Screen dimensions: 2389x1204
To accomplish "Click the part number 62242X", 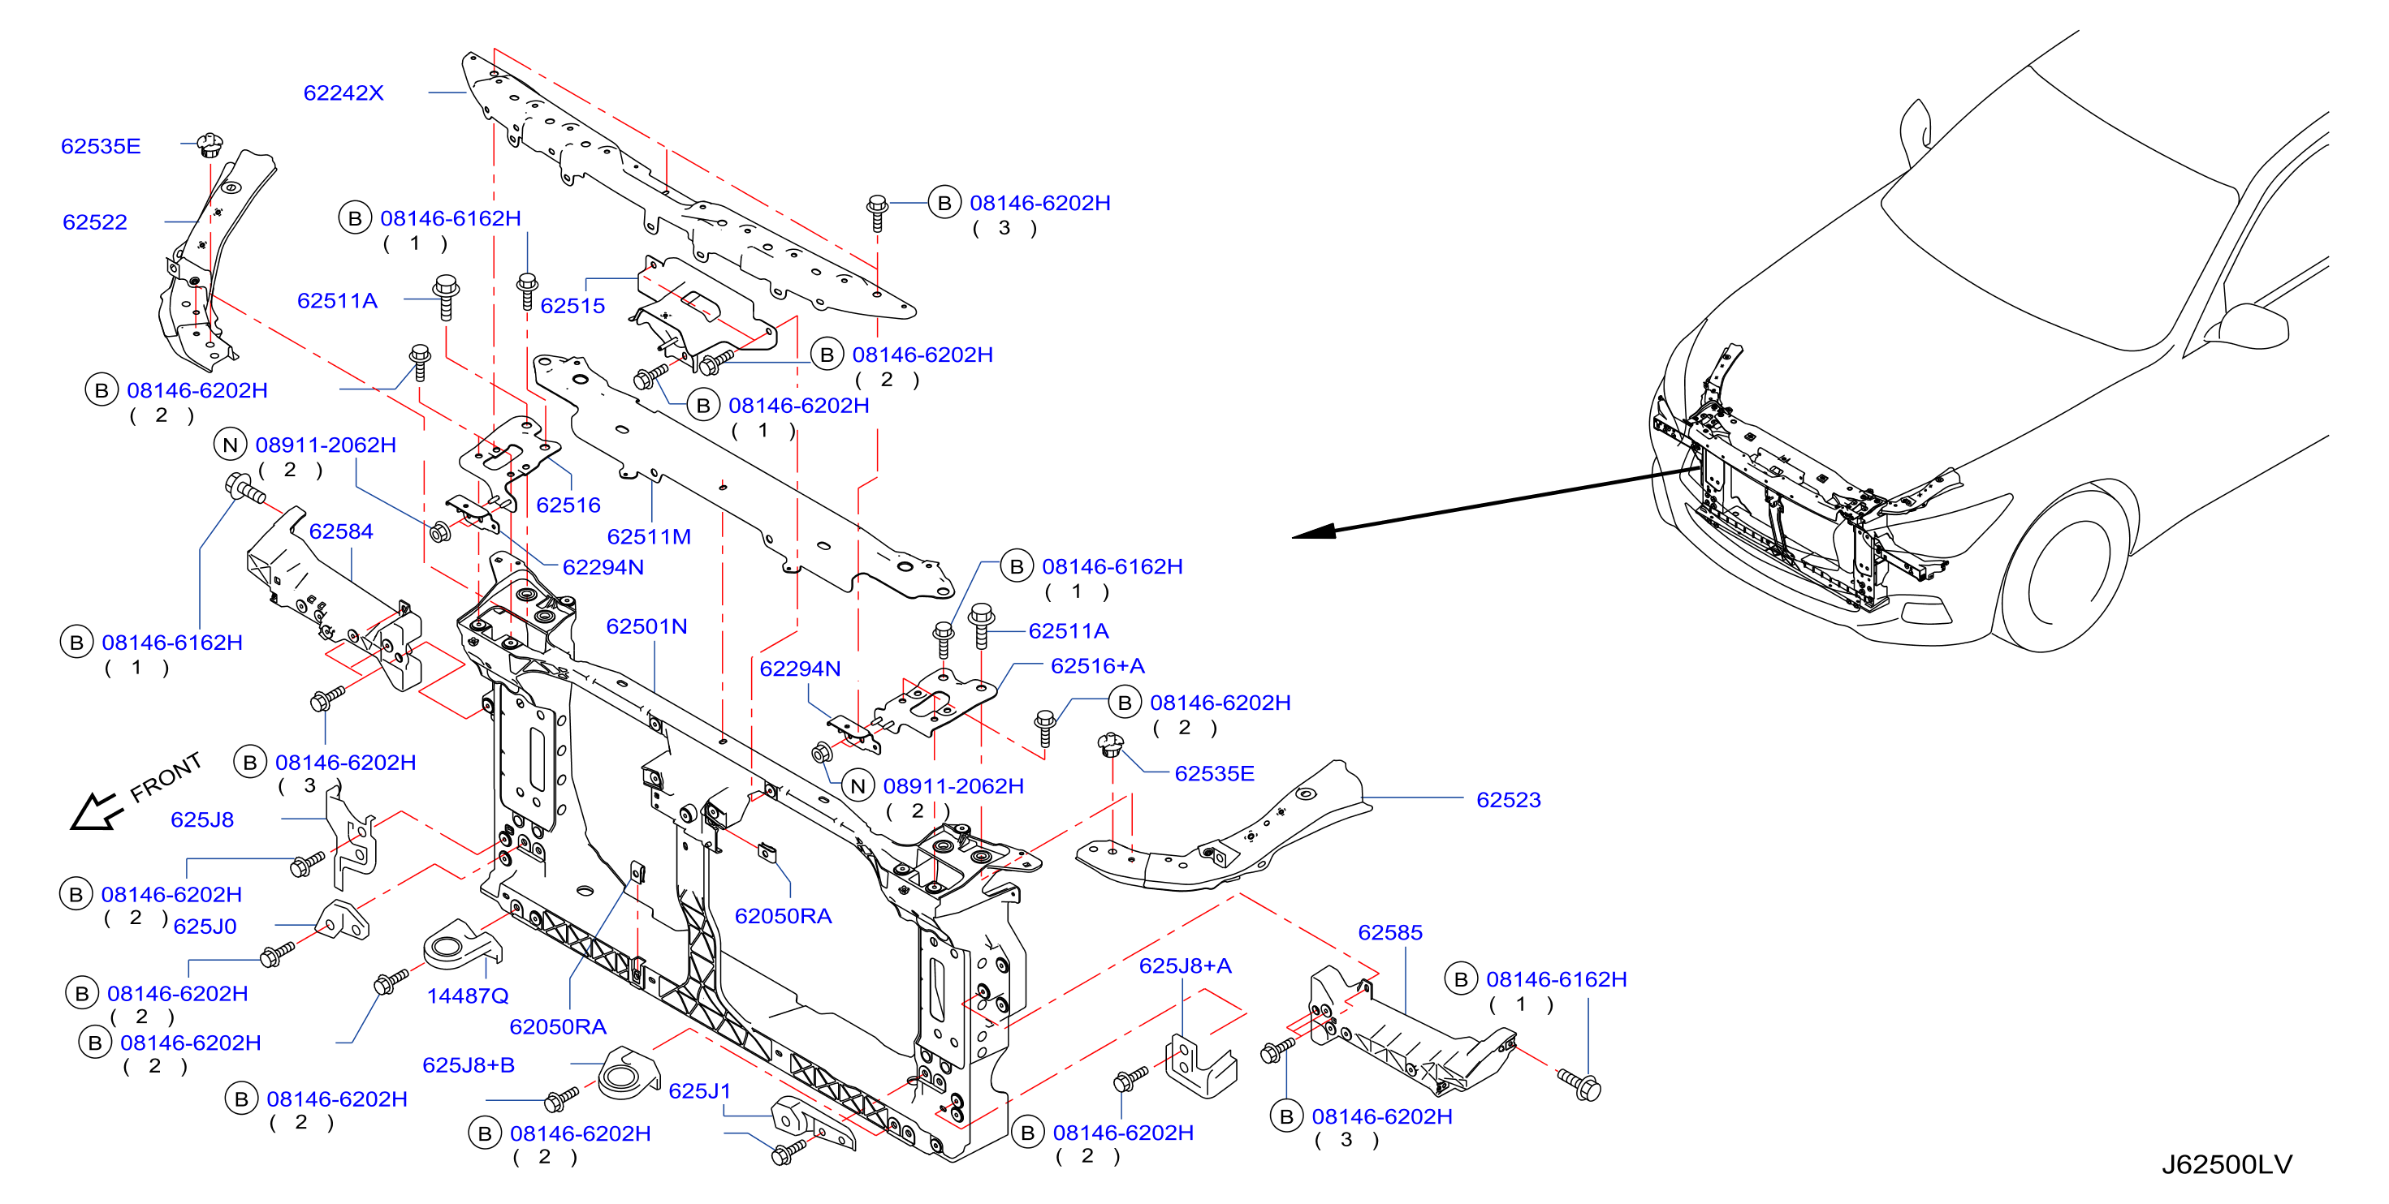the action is point(343,92).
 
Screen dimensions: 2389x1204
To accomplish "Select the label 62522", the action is point(94,222).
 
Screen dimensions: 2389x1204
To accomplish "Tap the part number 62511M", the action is point(649,536).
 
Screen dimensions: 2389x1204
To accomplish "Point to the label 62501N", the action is point(646,626).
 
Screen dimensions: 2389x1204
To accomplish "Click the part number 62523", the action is point(1508,800).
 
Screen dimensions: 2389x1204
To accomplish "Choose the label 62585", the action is point(1389,932).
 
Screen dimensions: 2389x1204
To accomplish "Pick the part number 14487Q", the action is point(468,995).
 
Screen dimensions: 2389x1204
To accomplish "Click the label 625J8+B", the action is point(469,1065).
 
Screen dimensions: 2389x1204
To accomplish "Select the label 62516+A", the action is point(1097,665).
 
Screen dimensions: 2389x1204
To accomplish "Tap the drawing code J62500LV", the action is point(2227,1164).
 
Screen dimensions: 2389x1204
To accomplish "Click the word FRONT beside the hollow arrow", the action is point(165,776).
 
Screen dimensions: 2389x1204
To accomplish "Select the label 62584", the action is point(340,531).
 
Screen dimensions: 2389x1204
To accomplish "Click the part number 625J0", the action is point(205,926).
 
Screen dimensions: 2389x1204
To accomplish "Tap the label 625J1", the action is point(699,1091).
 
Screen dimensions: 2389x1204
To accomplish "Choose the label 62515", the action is point(572,306).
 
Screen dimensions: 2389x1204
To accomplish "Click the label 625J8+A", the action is point(1186,965).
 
